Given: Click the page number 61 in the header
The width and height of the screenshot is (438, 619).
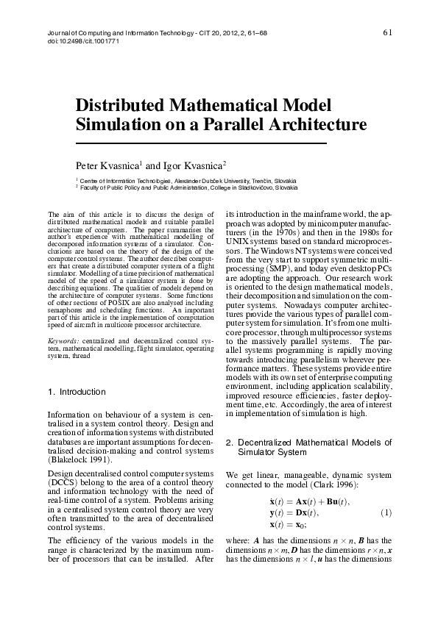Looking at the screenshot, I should pos(389,32).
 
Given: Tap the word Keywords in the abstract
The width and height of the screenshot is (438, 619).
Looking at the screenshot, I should pos(63,342).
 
